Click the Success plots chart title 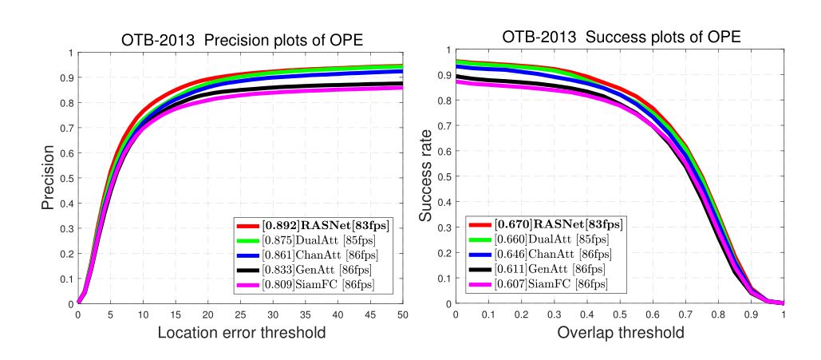pyautogui.click(x=621, y=38)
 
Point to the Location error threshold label pyautogui.click(x=240, y=332)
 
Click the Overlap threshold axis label pyautogui.click(x=620, y=332)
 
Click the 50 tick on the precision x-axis pyautogui.click(x=402, y=315)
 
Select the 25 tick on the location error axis pyautogui.click(x=240, y=315)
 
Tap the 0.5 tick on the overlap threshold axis pyautogui.click(x=620, y=315)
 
